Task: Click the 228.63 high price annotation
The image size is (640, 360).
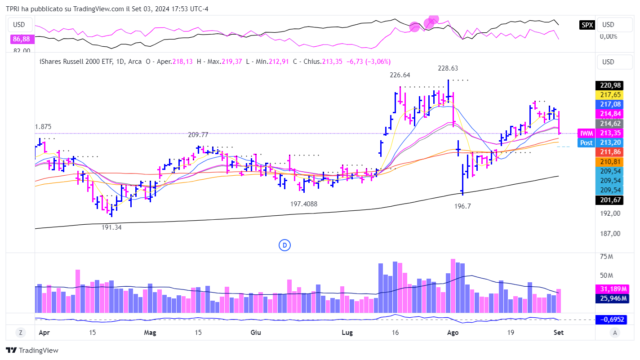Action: (448, 68)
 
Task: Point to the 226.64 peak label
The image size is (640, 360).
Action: (400, 75)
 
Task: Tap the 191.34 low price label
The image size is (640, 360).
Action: (111, 227)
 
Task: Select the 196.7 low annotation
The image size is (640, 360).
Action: (462, 206)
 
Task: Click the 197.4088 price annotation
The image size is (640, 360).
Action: (304, 204)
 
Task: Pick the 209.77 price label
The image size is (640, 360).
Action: (198, 134)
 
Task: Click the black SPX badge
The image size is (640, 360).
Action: (587, 25)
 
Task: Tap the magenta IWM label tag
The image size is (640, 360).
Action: (586, 133)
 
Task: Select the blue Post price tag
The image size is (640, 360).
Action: (586, 142)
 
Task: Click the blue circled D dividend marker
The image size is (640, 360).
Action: (284, 245)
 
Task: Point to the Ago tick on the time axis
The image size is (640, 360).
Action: (453, 333)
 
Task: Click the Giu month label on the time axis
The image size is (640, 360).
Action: (256, 333)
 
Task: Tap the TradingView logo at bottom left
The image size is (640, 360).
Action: (32, 350)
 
